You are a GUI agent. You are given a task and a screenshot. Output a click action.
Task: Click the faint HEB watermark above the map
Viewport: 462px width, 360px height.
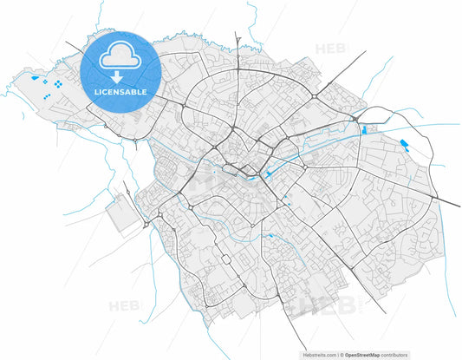(330, 49)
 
